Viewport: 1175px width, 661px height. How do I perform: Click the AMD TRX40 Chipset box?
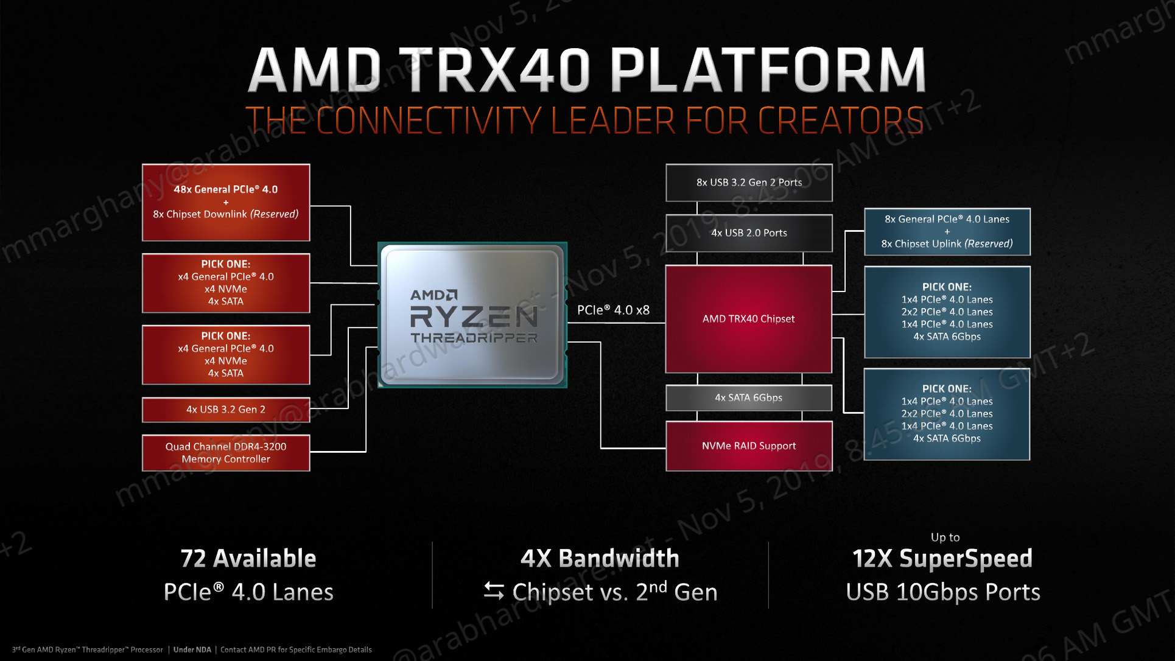(748, 318)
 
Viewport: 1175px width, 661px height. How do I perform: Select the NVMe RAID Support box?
(749, 446)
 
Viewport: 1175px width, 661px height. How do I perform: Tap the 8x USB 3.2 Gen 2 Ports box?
(749, 182)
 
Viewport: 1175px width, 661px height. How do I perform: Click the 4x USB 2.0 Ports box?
(749, 233)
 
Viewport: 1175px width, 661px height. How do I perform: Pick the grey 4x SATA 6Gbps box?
(749, 397)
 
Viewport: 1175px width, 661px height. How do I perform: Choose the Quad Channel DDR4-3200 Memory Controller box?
(226, 452)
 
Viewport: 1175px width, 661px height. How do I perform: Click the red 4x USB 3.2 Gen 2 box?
(226, 409)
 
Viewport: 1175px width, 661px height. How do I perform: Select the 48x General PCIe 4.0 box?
(226, 202)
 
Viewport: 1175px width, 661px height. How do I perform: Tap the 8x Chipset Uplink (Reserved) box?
(947, 231)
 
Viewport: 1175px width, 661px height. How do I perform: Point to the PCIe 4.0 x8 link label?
(613, 310)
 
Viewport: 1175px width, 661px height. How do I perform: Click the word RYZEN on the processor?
(474, 317)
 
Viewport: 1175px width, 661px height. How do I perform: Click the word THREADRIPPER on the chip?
(474, 338)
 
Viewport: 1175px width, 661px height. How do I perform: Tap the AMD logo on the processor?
(434, 295)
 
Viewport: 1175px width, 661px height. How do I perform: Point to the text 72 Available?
(248, 558)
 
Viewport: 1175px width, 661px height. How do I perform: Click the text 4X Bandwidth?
(600, 558)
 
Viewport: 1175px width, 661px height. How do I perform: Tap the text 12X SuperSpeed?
(942, 558)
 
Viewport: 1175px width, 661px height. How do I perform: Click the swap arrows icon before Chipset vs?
(494, 591)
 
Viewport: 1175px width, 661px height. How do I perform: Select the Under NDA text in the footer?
(192, 649)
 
